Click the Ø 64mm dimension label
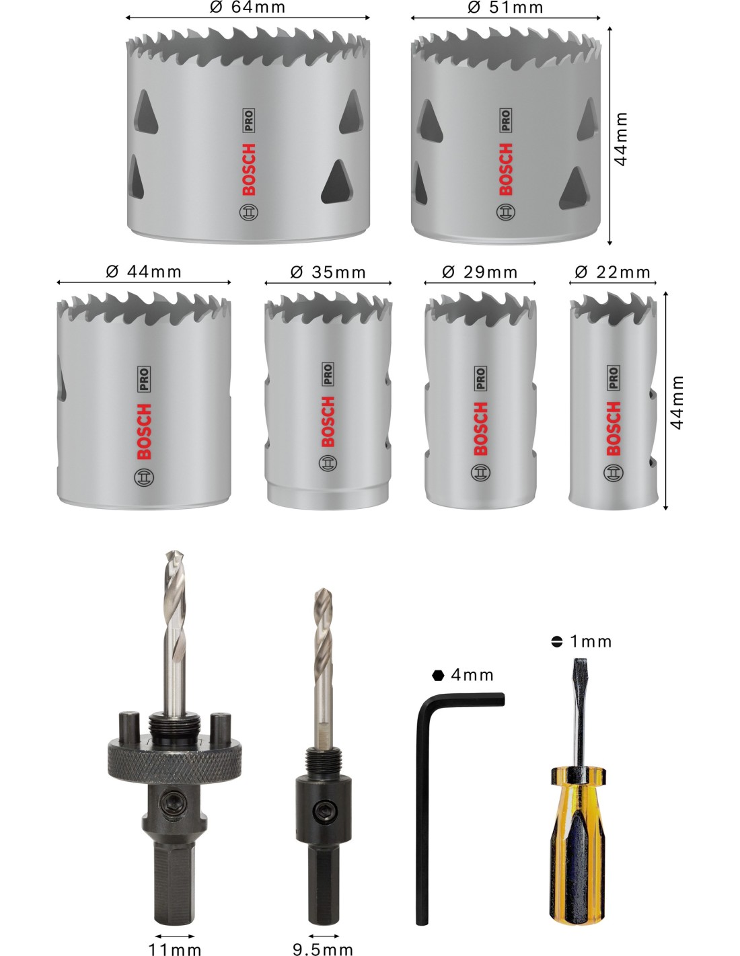[248, 7]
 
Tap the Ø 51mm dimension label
[505, 7]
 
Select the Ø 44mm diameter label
[143, 272]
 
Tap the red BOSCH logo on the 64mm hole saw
[249, 169]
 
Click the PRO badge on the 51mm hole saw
[505, 120]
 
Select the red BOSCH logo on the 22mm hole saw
[614, 428]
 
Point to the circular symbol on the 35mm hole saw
[328, 463]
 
